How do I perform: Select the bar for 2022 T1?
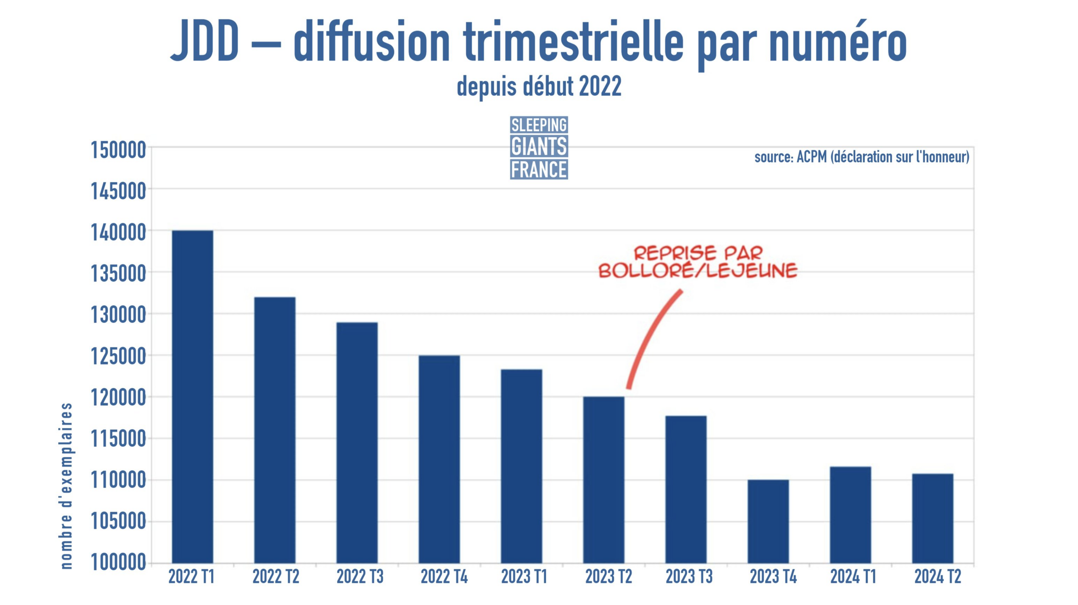coord(193,397)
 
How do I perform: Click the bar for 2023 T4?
coord(768,521)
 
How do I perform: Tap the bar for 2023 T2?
coord(604,480)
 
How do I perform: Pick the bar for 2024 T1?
coord(850,515)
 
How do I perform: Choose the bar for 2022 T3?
coord(357,443)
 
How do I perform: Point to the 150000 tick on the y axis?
coord(118,150)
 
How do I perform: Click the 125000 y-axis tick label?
coord(118,357)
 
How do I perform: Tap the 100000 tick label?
coord(118,562)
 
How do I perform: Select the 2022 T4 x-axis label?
coord(444,577)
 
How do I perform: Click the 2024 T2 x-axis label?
coord(937,577)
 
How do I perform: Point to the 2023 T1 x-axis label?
coord(524,577)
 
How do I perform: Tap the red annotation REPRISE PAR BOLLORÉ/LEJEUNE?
coord(698,262)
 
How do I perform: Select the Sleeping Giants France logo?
coord(539,147)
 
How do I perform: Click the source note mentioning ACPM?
coord(861,157)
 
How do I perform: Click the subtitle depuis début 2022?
coord(539,87)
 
